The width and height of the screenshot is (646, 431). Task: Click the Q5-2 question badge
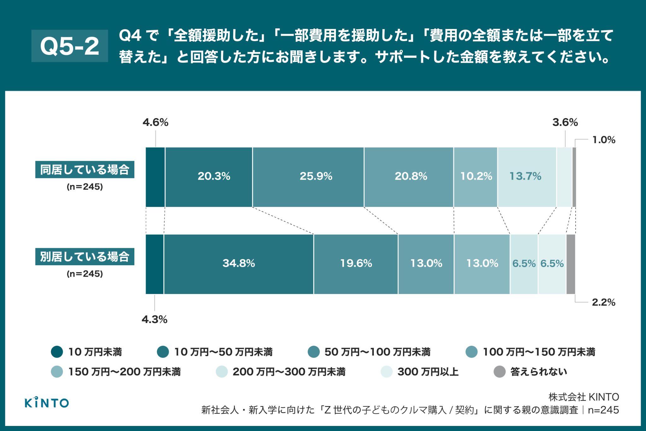(x=70, y=46)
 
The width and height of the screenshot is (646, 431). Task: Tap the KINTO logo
(x=47, y=403)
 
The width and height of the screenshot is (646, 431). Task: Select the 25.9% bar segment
(x=308, y=177)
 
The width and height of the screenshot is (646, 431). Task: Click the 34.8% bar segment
(x=238, y=264)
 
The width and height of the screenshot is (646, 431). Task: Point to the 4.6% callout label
(x=155, y=123)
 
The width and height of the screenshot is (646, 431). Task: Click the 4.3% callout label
(x=154, y=320)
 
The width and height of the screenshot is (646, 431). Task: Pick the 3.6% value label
(x=565, y=123)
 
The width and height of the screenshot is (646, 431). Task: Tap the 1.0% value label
(x=604, y=140)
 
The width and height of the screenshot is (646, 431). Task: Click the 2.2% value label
(x=604, y=302)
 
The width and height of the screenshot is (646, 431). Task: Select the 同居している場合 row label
(x=85, y=170)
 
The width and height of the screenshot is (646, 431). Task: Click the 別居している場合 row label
(x=85, y=257)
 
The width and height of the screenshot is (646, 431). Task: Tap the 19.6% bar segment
(x=356, y=264)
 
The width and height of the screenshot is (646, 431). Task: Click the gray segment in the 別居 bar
(x=571, y=264)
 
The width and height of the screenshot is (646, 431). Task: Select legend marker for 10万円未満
(x=57, y=352)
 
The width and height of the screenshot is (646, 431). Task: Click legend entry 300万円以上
(x=427, y=372)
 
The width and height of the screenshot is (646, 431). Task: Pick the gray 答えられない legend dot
(x=500, y=372)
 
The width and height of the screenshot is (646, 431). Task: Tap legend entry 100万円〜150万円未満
(x=539, y=352)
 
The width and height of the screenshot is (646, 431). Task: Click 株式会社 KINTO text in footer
(x=584, y=397)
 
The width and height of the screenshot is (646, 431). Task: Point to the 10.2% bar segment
(x=476, y=177)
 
